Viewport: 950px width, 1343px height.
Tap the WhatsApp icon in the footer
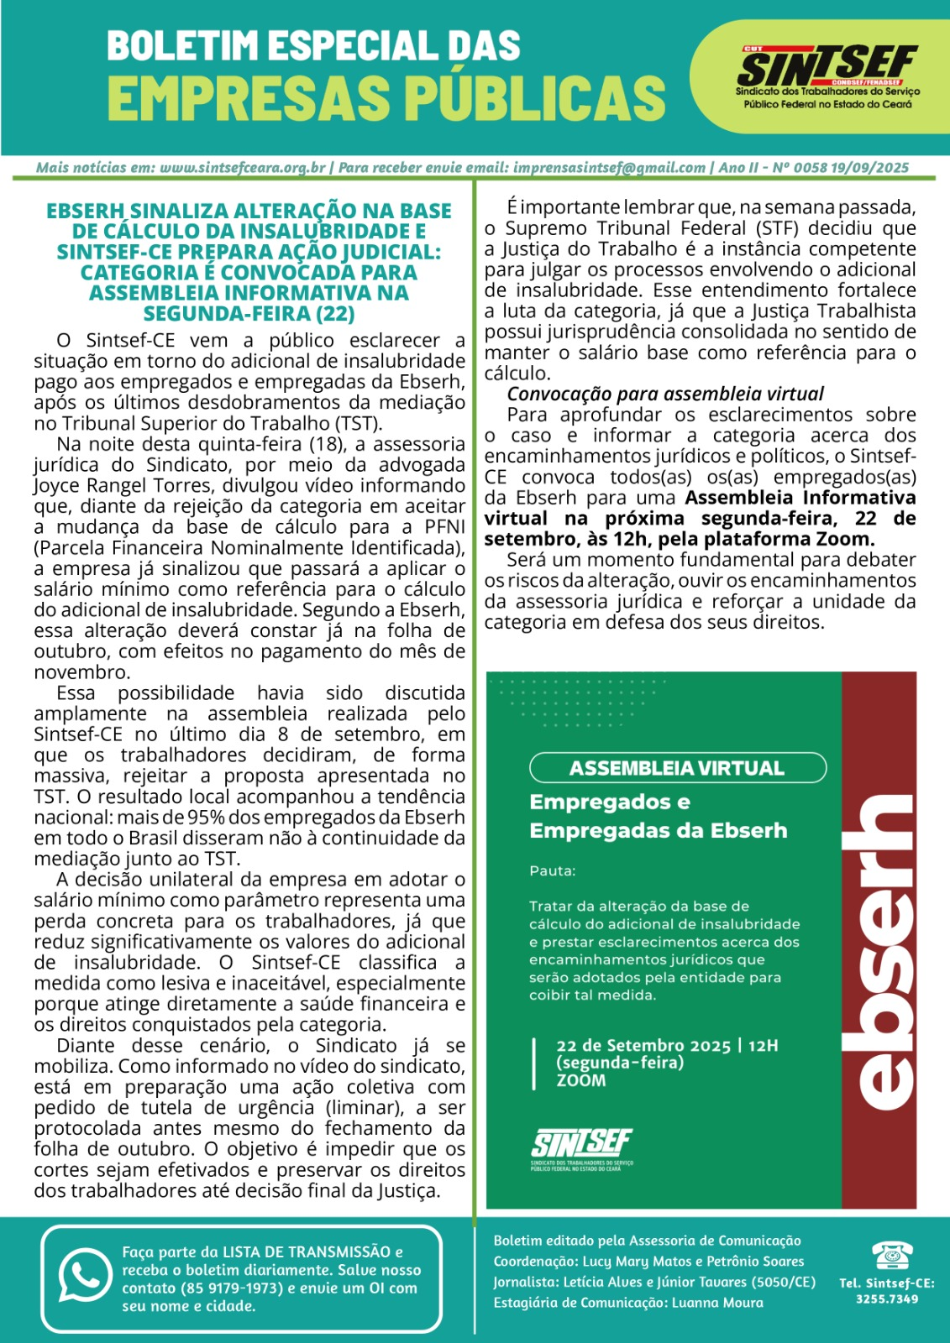[x=85, y=1277]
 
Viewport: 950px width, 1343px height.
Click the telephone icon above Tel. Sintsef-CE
[x=887, y=1256]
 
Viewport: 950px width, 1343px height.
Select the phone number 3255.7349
[x=887, y=1299]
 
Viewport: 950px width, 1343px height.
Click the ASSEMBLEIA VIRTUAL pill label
[x=677, y=768]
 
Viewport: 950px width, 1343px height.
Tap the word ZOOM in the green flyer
[x=580, y=1080]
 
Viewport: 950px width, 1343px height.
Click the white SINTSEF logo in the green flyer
[x=581, y=1145]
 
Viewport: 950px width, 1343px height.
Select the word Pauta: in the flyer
[x=552, y=871]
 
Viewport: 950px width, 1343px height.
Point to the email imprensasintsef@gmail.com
[x=609, y=168]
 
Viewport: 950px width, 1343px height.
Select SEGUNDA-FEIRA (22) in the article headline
[x=249, y=314]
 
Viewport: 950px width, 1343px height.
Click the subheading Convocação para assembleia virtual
[x=665, y=394]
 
